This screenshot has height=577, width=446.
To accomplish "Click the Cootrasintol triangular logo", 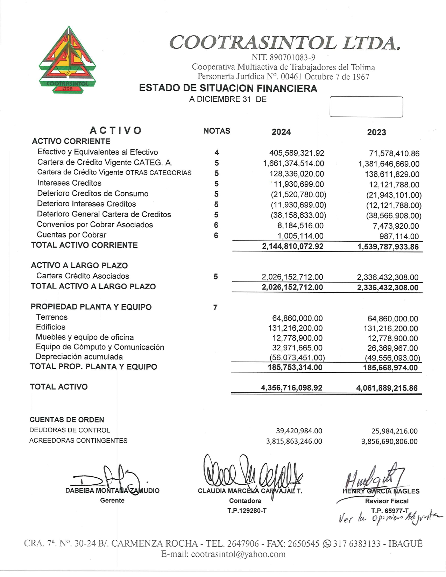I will point(68,59).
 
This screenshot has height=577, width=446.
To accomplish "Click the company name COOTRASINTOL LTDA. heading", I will point(284,43).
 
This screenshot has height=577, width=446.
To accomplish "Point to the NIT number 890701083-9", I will point(283,57).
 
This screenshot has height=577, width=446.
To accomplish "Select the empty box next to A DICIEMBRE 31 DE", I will point(366,107).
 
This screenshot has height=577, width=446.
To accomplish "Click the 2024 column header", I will point(281,132).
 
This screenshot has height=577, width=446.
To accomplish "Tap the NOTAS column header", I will point(217,131).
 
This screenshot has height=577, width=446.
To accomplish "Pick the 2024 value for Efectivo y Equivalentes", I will point(297,153).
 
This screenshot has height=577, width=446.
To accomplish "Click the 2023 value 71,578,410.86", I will point(394,154).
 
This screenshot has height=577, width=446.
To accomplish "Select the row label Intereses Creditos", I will point(69,183).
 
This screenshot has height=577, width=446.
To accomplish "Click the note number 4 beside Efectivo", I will point(217,152).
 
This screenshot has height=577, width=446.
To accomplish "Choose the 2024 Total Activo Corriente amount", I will point(293,246).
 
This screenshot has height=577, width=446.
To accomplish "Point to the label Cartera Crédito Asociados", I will point(83,276).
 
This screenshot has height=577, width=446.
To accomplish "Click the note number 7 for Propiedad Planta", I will point(215,308).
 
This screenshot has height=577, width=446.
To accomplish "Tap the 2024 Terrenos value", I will point(297,318).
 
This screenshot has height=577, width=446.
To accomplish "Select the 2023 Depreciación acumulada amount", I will point(392,358).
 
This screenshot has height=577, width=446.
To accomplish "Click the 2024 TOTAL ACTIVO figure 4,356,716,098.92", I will point(291,388).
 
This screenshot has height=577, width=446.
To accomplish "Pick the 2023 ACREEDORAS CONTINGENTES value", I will point(389,441).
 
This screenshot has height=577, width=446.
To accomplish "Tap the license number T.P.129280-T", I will point(247,511).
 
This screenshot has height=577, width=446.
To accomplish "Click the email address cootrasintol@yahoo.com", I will point(238,554).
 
